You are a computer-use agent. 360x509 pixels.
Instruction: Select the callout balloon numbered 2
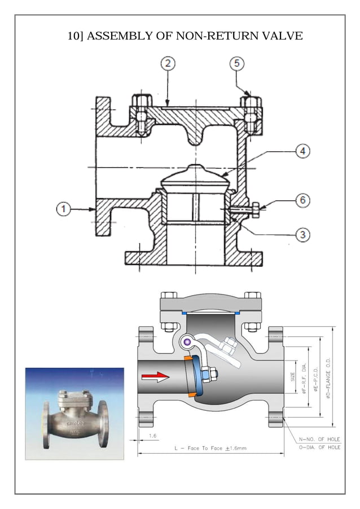[x=168, y=63]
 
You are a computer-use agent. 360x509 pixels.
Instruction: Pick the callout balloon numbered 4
[x=302, y=152]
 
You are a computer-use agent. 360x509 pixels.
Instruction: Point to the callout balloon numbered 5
[x=238, y=63]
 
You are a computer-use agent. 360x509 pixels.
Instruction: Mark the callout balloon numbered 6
[x=303, y=200]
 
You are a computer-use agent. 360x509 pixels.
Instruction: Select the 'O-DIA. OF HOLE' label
[x=319, y=447]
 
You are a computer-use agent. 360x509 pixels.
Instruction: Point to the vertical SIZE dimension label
[x=293, y=376]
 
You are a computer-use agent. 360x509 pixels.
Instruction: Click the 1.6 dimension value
[x=152, y=436]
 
